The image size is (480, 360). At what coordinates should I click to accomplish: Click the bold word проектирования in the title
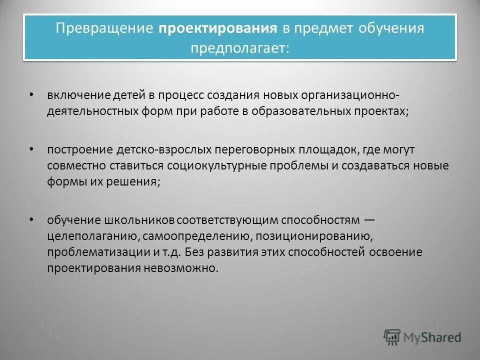pos(218,28)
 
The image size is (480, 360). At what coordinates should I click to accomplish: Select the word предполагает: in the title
pos(239,48)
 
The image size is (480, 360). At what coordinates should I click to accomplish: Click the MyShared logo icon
pos(392,337)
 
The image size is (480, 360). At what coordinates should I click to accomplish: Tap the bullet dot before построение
pos(31,149)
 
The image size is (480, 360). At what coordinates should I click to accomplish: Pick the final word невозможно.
pos(187,268)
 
